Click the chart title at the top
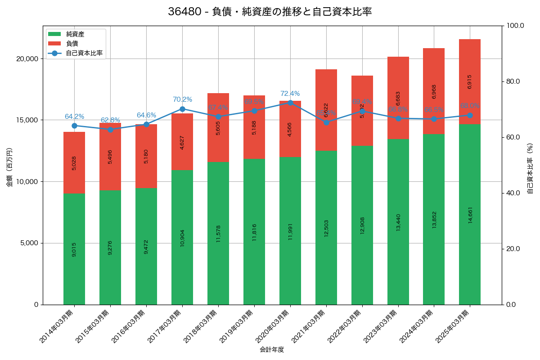(x=270, y=12)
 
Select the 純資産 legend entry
(x=75, y=34)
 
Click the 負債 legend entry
(x=72, y=44)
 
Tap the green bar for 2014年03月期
(x=74, y=249)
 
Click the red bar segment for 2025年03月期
(x=470, y=81)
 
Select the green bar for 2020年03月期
(x=290, y=231)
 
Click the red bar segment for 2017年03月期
(x=182, y=141)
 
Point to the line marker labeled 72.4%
(x=290, y=103)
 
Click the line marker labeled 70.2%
(x=182, y=109)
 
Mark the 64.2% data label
(x=74, y=117)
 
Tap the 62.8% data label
(x=110, y=120)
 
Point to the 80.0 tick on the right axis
(x=513, y=81)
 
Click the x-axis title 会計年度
(x=272, y=350)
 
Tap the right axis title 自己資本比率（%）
(x=530, y=168)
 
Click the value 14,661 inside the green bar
(x=470, y=215)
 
